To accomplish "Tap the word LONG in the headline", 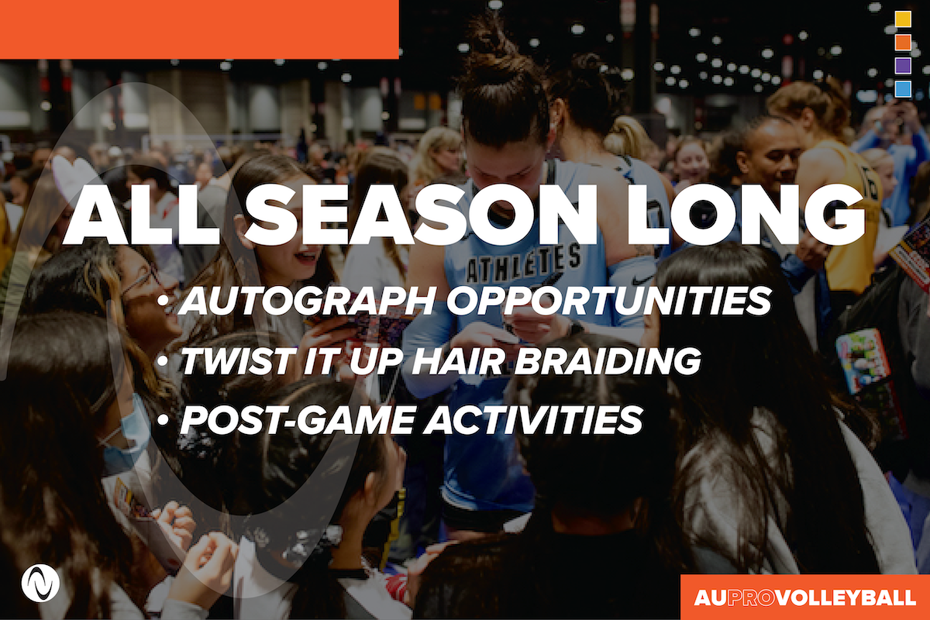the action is click(746, 215).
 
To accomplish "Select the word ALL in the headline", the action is click(141, 215).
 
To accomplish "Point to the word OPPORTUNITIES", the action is click(609, 300).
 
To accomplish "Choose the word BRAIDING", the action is click(608, 360).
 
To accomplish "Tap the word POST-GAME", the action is click(298, 420).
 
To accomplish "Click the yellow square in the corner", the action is click(903, 19).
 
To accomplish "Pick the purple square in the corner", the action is click(903, 66).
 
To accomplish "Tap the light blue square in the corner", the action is click(903, 89).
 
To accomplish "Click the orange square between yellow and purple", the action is click(903, 43).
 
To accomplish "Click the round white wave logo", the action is click(40, 583).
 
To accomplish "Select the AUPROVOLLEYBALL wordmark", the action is click(804, 598).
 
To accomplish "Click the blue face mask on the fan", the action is click(126, 432).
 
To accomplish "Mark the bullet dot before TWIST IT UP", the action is click(164, 360).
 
